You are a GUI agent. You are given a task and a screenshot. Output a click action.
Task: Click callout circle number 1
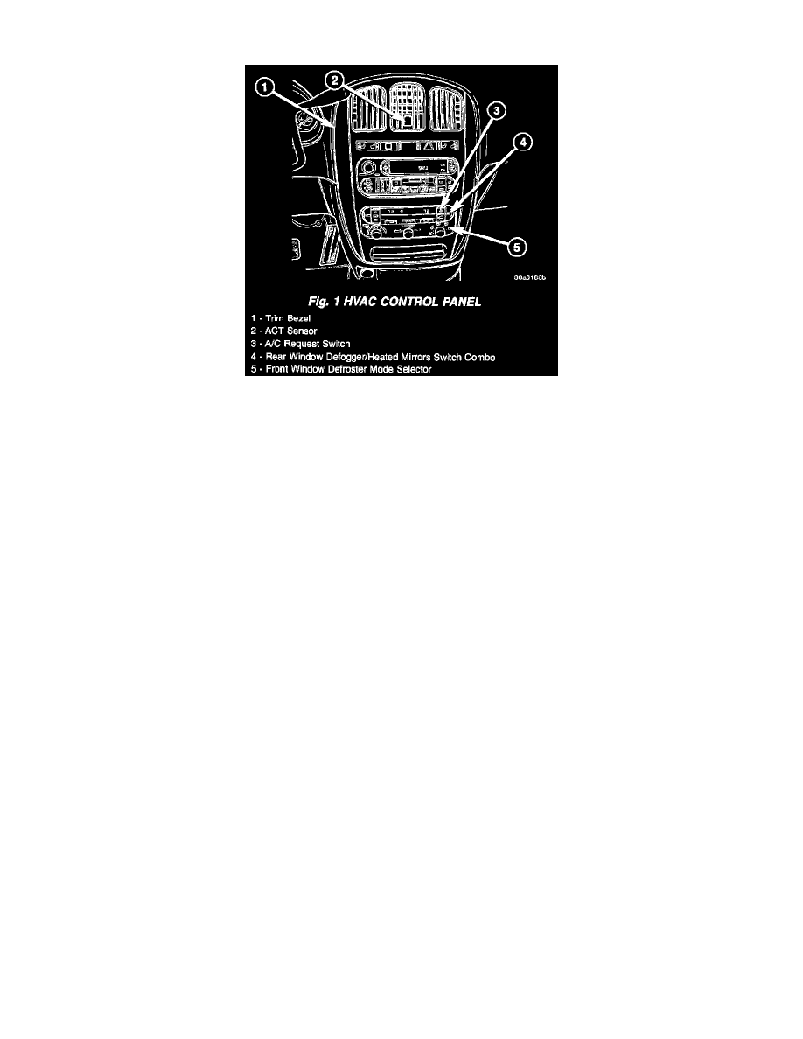[264, 87]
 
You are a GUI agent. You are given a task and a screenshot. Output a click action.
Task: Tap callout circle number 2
[335, 80]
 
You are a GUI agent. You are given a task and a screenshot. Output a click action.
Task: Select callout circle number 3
[498, 111]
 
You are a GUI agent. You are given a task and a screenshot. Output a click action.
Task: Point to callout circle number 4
[522, 142]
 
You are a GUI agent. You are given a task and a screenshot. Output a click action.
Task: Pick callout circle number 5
[517, 248]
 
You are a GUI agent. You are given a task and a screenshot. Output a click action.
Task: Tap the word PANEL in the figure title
[462, 302]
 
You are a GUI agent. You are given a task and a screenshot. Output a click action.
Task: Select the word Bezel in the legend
[298, 318]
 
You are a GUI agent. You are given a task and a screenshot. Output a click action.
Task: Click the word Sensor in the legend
[302, 331]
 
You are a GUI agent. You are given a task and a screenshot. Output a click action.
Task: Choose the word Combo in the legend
[479, 357]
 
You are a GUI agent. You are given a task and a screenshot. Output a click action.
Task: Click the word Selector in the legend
[414, 369]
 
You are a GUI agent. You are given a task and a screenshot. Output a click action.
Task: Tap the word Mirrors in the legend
[416, 357]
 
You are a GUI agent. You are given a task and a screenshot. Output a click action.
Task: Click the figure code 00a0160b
[530, 278]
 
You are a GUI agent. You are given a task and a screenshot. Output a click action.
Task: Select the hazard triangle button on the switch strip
[429, 145]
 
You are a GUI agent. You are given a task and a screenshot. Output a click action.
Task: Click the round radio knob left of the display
[369, 167]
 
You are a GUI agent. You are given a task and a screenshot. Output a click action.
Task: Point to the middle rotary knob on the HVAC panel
[408, 233]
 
